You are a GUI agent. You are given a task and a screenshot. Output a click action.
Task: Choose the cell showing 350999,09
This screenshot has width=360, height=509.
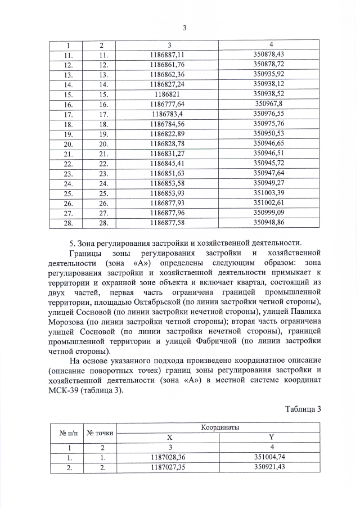268,213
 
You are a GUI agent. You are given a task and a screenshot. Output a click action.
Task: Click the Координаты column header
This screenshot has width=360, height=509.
220,428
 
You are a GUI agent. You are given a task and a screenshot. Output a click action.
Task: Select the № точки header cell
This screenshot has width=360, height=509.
100,433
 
